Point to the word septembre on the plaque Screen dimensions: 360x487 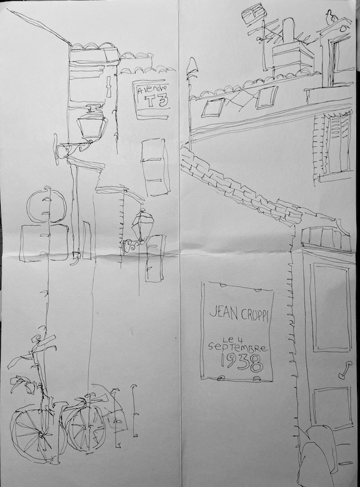tap(237, 347)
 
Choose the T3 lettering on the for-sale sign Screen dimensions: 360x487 tap(157, 100)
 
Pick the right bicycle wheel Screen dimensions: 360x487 tap(86, 424)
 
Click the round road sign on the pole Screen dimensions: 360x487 tap(47, 206)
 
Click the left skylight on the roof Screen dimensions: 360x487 tap(213, 108)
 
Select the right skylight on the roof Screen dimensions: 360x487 tap(267, 97)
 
